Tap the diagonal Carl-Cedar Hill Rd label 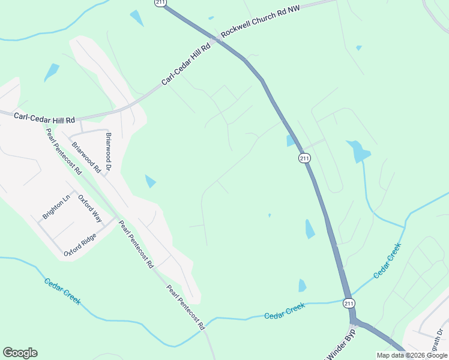pyautogui.click(x=186, y=65)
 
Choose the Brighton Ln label pyautogui.click(x=56, y=206)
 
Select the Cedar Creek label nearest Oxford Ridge pyautogui.click(x=62, y=291)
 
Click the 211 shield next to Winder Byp pyautogui.click(x=349, y=304)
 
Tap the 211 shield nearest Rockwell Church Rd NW pyautogui.click(x=160, y=3)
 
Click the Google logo pyautogui.click(x=20, y=353)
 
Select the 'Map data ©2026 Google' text pyautogui.click(x=412, y=355)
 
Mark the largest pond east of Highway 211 pyautogui.click(x=358, y=151)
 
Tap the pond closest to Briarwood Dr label pyautogui.click(x=150, y=181)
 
